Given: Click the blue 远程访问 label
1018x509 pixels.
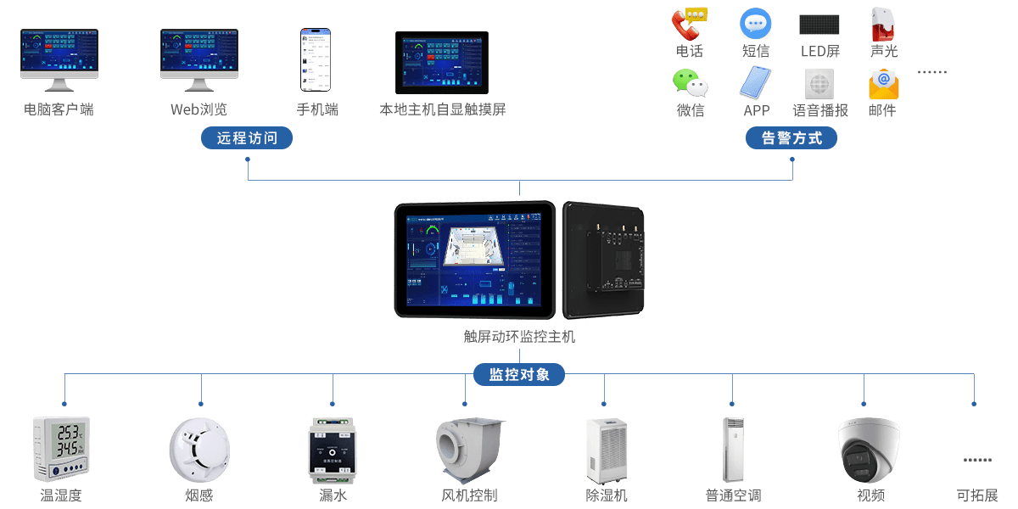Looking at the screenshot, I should pyautogui.click(x=247, y=138).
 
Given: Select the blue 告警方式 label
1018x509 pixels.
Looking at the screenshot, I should pyautogui.click(x=791, y=138).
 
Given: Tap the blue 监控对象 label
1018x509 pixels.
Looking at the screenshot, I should pyautogui.click(x=518, y=374).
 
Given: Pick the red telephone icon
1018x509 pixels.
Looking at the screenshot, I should pyautogui.click(x=688, y=23).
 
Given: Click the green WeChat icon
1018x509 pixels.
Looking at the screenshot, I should pyautogui.click(x=690, y=83).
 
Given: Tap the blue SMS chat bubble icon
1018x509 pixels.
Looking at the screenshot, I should pyautogui.click(x=755, y=24).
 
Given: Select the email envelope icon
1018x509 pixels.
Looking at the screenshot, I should pyautogui.click(x=883, y=84).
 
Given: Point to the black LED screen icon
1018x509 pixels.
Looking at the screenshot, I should pyautogui.click(x=819, y=25).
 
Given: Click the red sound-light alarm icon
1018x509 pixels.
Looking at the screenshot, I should pyautogui.click(x=882, y=24).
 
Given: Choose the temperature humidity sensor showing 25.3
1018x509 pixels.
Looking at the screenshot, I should pyautogui.click(x=61, y=447).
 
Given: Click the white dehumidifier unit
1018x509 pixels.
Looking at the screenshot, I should pyautogui.click(x=606, y=450).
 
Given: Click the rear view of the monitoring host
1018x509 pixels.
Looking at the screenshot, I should pyautogui.click(x=604, y=258).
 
